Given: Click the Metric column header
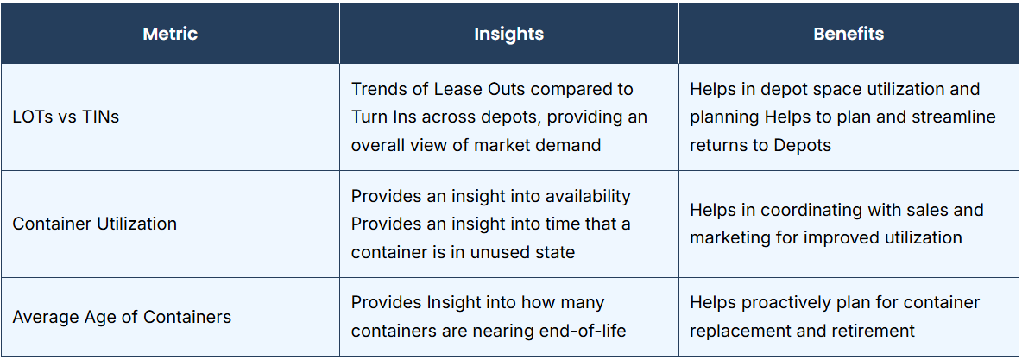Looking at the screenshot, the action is [x=170, y=34].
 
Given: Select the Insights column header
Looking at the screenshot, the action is [x=509, y=34].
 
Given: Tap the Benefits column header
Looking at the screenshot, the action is [x=849, y=34].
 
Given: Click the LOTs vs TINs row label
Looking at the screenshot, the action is [x=66, y=117].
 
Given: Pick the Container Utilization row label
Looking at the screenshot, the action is [x=94, y=224].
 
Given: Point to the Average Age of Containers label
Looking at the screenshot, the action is [x=122, y=318].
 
